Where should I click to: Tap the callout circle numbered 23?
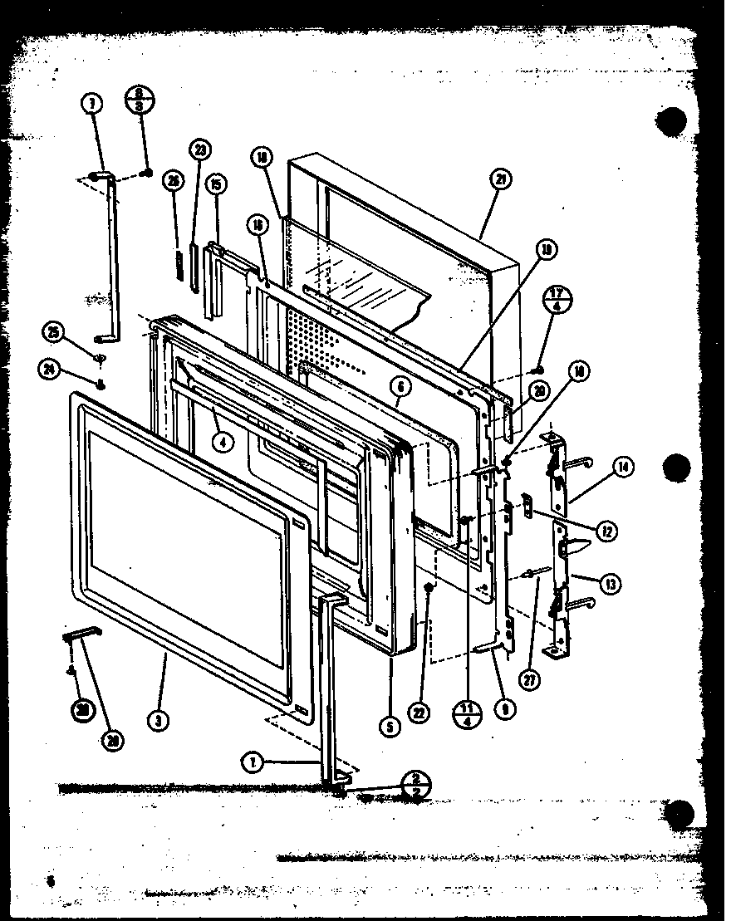[x=199, y=149]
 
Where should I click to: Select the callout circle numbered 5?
[x=390, y=725]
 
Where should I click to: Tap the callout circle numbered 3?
[x=158, y=720]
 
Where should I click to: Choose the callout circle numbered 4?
[x=222, y=442]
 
